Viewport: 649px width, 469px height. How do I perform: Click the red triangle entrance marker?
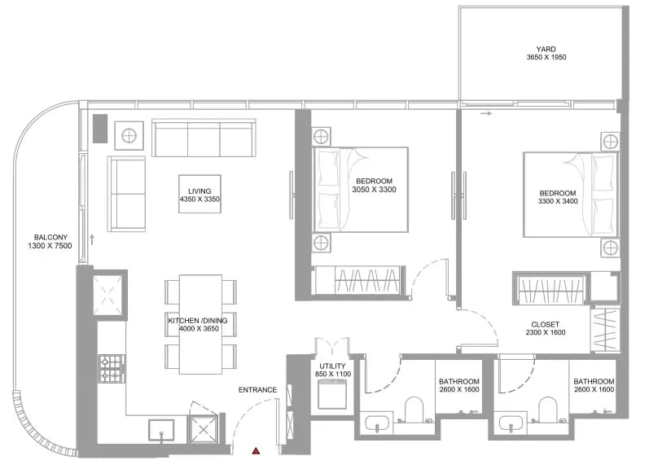point(257,451)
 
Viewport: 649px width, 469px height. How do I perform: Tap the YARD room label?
point(546,49)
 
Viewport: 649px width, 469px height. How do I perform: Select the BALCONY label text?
point(50,237)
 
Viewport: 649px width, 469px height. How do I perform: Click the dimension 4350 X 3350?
point(200,199)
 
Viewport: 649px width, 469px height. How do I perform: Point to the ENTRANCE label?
point(257,389)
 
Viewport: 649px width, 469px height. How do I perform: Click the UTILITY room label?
point(332,366)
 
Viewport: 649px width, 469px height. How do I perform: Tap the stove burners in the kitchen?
point(112,369)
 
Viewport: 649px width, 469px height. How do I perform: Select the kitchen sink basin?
point(161,430)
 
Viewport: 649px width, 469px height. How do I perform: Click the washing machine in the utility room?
point(332,394)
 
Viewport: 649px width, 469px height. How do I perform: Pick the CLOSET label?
point(545,324)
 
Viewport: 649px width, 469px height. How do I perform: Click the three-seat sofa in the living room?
point(204,138)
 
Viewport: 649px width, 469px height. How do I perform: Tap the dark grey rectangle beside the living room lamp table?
point(99,129)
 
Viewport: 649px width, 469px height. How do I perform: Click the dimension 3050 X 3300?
point(374,190)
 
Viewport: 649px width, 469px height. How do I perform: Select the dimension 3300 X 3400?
point(558,201)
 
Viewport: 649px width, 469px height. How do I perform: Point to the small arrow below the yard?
point(486,113)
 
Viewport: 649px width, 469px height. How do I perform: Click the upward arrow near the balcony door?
point(92,239)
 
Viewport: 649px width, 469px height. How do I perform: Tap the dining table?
point(200,324)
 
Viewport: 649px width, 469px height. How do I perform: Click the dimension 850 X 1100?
point(333,374)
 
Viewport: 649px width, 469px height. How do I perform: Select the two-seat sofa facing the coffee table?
point(126,193)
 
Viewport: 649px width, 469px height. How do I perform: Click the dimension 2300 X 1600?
point(545,332)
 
